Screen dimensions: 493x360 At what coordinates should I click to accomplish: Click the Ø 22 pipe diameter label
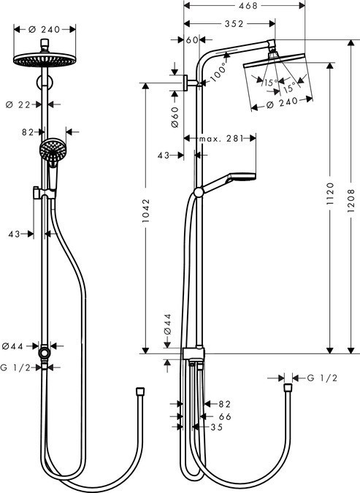click(x=26, y=104)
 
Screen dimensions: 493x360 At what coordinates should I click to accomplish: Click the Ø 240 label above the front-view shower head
click(x=45, y=30)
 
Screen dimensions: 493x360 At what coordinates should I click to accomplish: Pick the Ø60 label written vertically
click(x=176, y=117)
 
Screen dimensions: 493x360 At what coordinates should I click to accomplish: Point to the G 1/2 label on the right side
click(x=322, y=378)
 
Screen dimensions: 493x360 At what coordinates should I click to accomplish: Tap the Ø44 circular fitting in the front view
click(x=46, y=353)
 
